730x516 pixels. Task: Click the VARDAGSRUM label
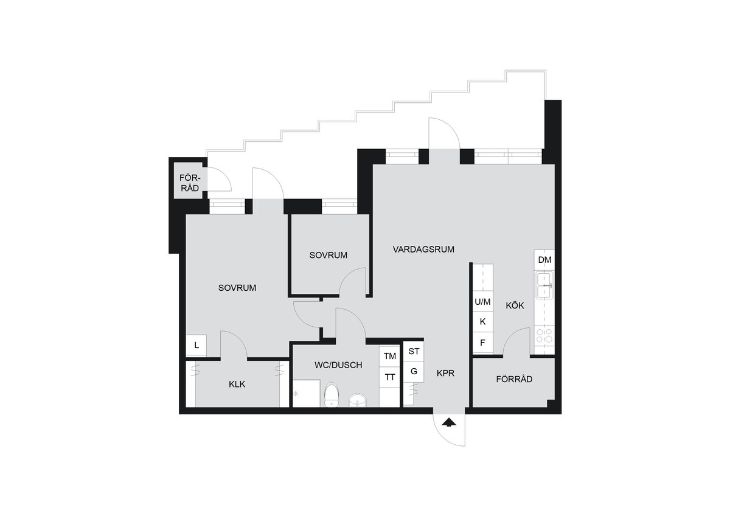click(423, 249)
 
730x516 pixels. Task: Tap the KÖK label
click(515, 305)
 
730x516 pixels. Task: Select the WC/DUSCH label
click(338, 365)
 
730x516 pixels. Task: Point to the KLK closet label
click(237, 385)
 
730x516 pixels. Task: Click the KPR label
click(445, 373)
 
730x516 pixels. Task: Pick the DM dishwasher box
click(544, 260)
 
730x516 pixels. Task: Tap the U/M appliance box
click(482, 302)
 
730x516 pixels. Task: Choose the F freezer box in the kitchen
click(482, 343)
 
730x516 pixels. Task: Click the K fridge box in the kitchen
click(482, 322)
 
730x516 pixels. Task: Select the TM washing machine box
click(389, 356)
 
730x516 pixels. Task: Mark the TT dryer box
click(389, 377)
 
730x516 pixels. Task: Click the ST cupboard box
click(414, 351)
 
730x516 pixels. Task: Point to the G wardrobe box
click(414, 372)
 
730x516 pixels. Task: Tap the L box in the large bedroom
click(196, 345)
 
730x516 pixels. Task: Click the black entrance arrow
click(449, 422)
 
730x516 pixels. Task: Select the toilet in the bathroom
click(332, 395)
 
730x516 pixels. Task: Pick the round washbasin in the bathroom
click(358, 400)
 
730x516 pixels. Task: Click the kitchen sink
click(544, 285)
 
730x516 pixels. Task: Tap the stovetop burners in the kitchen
click(544, 336)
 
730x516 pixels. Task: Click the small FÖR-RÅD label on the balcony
click(190, 183)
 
